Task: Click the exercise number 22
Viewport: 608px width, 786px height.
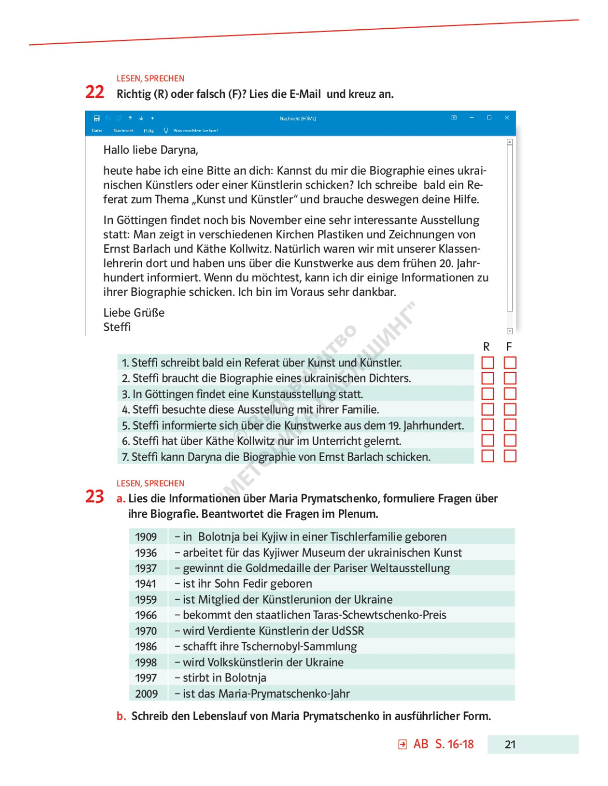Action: point(95,92)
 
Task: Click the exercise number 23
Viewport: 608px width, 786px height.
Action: point(95,496)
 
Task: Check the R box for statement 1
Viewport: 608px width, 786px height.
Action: point(488,363)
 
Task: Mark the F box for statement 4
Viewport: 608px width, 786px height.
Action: point(510,410)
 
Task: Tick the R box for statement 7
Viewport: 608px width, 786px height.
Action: point(488,456)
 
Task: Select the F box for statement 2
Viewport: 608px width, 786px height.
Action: point(510,378)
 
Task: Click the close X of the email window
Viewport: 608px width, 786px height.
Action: point(507,118)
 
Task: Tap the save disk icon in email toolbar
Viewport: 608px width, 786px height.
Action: point(97,118)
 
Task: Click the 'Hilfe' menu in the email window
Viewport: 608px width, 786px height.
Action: point(149,131)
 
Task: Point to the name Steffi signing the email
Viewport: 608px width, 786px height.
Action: point(117,327)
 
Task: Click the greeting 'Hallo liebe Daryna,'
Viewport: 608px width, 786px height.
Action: point(150,150)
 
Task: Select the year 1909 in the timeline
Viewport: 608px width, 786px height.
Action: point(146,537)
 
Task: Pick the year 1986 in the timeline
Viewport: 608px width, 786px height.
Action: point(146,647)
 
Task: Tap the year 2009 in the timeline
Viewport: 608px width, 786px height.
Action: point(146,694)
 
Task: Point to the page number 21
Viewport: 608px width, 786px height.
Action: point(510,745)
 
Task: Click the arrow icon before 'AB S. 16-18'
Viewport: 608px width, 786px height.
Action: point(402,745)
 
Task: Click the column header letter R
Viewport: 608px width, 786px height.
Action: point(486,347)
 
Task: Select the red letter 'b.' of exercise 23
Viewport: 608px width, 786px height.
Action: point(121,716)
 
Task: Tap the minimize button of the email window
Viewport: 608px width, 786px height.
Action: point(471,118)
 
